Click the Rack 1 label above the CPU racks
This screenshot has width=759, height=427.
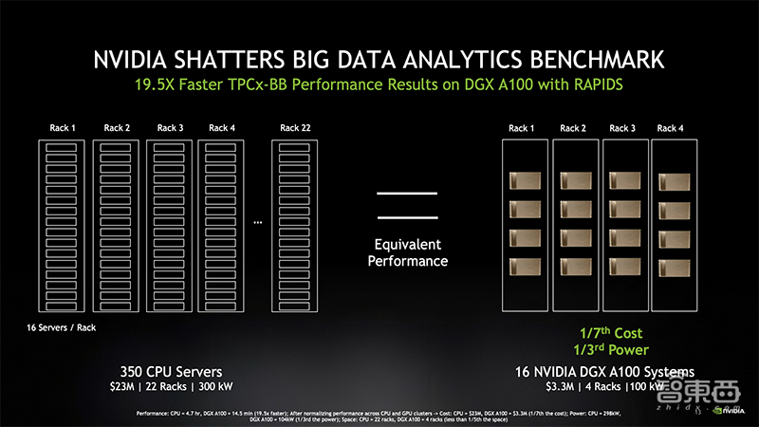click(64, 128)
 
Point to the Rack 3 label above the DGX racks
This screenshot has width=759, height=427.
click(622, 128)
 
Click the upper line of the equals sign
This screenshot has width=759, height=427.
click(408, 194)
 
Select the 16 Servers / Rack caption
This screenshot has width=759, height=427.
click(61, 327)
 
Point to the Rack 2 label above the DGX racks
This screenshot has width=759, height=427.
click(572, 128)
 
